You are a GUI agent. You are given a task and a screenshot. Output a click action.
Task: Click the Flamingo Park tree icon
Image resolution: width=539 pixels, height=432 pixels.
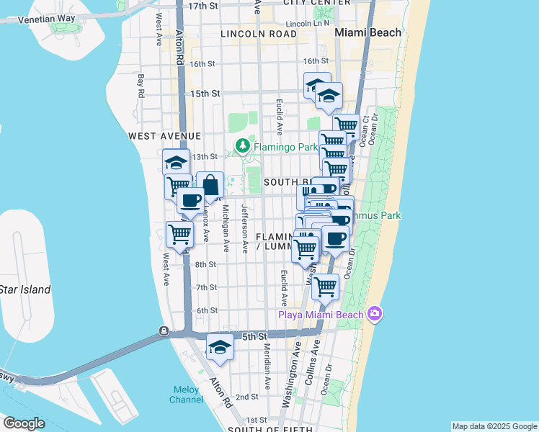244,147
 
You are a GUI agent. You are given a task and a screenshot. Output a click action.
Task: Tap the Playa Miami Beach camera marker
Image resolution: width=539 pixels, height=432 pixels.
374,313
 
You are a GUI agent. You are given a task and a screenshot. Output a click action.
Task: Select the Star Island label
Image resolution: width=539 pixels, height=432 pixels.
24,289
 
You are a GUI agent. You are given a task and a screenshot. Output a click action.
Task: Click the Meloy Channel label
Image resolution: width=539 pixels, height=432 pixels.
186,394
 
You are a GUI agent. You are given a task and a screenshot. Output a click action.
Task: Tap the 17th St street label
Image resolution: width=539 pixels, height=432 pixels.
202,6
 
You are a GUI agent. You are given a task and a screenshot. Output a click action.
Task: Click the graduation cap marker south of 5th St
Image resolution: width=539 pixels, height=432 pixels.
220,347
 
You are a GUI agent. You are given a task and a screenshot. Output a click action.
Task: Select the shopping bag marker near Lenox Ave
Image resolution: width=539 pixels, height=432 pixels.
210,186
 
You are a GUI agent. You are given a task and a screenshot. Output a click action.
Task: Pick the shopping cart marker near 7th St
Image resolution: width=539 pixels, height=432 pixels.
325,286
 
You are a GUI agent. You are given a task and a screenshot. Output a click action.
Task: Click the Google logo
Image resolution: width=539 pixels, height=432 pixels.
23,423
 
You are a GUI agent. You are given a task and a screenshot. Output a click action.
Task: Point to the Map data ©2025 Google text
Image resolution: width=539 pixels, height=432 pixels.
494,426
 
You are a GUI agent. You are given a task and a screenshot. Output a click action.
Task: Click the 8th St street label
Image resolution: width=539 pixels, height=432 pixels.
206,264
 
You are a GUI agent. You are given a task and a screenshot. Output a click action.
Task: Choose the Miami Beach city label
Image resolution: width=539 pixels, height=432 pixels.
361,33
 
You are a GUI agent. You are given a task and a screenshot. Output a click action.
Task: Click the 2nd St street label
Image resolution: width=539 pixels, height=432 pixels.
247,397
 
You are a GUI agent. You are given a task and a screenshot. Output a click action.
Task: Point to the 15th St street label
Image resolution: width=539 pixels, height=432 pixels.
205,94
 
